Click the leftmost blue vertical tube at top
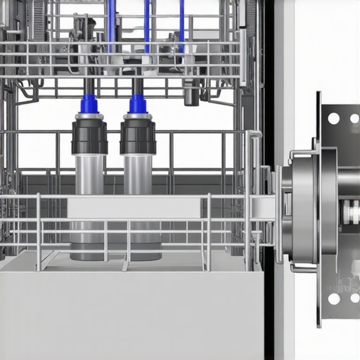(111, 25)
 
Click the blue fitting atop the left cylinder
(89, 104)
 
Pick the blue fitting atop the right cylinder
(138, 104)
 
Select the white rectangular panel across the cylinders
(134, 207)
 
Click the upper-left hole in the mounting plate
(333, 118)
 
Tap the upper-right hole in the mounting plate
(354, 118)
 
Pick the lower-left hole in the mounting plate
(333, 299)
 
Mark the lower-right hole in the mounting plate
(354, 299)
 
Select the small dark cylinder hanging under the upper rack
(191, 96)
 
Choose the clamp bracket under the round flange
(302, 267)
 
